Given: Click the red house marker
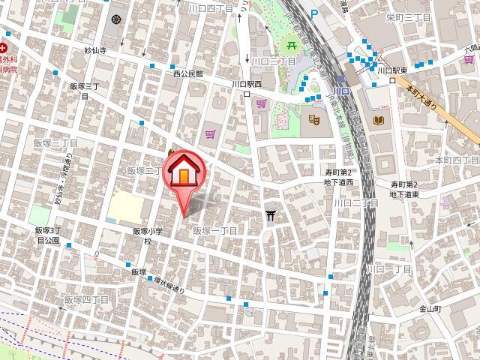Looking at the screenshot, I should [x=183, y=173].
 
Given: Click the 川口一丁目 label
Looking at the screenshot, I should [x=388, y=268].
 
